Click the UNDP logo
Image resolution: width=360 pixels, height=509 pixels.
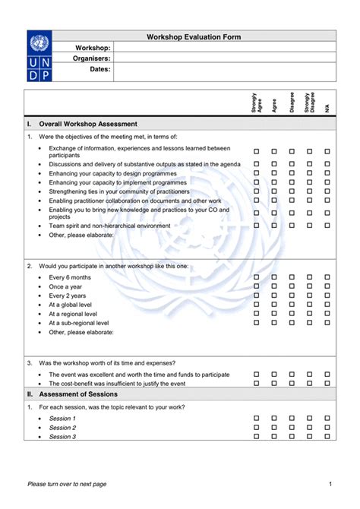click(x=41, y=56)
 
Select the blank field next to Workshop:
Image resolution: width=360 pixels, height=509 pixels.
click(x=224, y=47)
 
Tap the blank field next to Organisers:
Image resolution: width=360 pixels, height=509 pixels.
click(x=224, y=58)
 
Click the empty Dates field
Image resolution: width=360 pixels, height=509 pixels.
click(x=224, y=71)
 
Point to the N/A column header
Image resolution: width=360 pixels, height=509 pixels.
click(x=327, y=108)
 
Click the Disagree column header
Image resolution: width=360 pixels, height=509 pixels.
click(x=292, y=103)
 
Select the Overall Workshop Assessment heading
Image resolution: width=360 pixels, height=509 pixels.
click(x=87, y=123)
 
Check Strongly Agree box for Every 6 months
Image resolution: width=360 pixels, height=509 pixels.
click(x=256, y=277)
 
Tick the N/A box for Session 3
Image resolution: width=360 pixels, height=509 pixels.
click(x=327, y=437)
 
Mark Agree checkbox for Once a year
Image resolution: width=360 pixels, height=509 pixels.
click(x=274, y=286)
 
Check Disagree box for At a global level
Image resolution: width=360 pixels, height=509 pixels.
click(x=292, y=305)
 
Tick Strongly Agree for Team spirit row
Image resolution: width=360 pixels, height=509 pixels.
click(x=256, y=226)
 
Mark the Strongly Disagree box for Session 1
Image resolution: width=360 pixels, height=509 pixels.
click(x=309, y=419)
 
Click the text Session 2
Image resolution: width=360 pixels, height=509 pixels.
click(x=62, y=428)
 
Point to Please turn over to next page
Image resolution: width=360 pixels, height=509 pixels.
click(x=67, y=484)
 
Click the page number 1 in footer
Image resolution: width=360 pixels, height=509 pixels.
click(x=330, y=484)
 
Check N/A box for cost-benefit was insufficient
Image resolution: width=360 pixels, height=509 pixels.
click(x=327, y=384)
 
